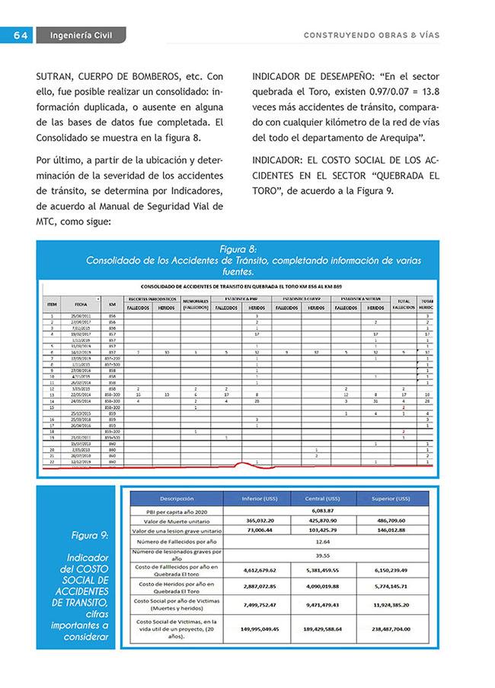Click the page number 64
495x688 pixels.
coord(20,35)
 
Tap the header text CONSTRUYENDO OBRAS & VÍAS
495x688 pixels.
coord(371,35)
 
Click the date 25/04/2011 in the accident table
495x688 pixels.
coord(81,315)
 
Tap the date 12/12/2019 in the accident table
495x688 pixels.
coord(81,461)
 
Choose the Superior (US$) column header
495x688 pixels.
coord(391,498)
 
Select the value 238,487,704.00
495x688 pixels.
coord(391,630)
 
